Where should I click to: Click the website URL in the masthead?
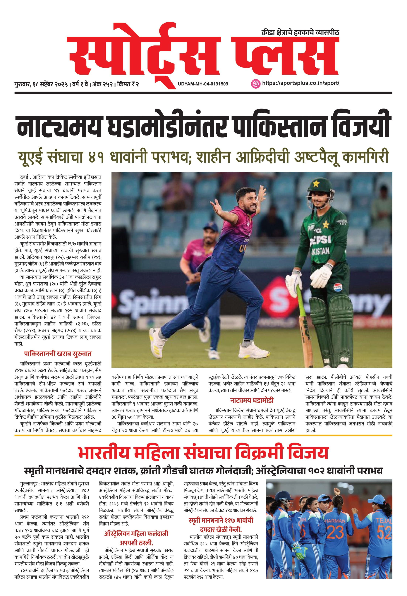300,83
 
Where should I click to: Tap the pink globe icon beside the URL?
255,83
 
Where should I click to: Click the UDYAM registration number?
203,84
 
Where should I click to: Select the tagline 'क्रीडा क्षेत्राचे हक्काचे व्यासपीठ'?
300,32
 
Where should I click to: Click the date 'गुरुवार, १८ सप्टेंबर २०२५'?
41,84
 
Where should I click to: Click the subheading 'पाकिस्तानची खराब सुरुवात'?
58,354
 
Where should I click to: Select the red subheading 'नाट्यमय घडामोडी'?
252,400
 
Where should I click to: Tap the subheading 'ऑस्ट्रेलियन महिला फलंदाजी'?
136,534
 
